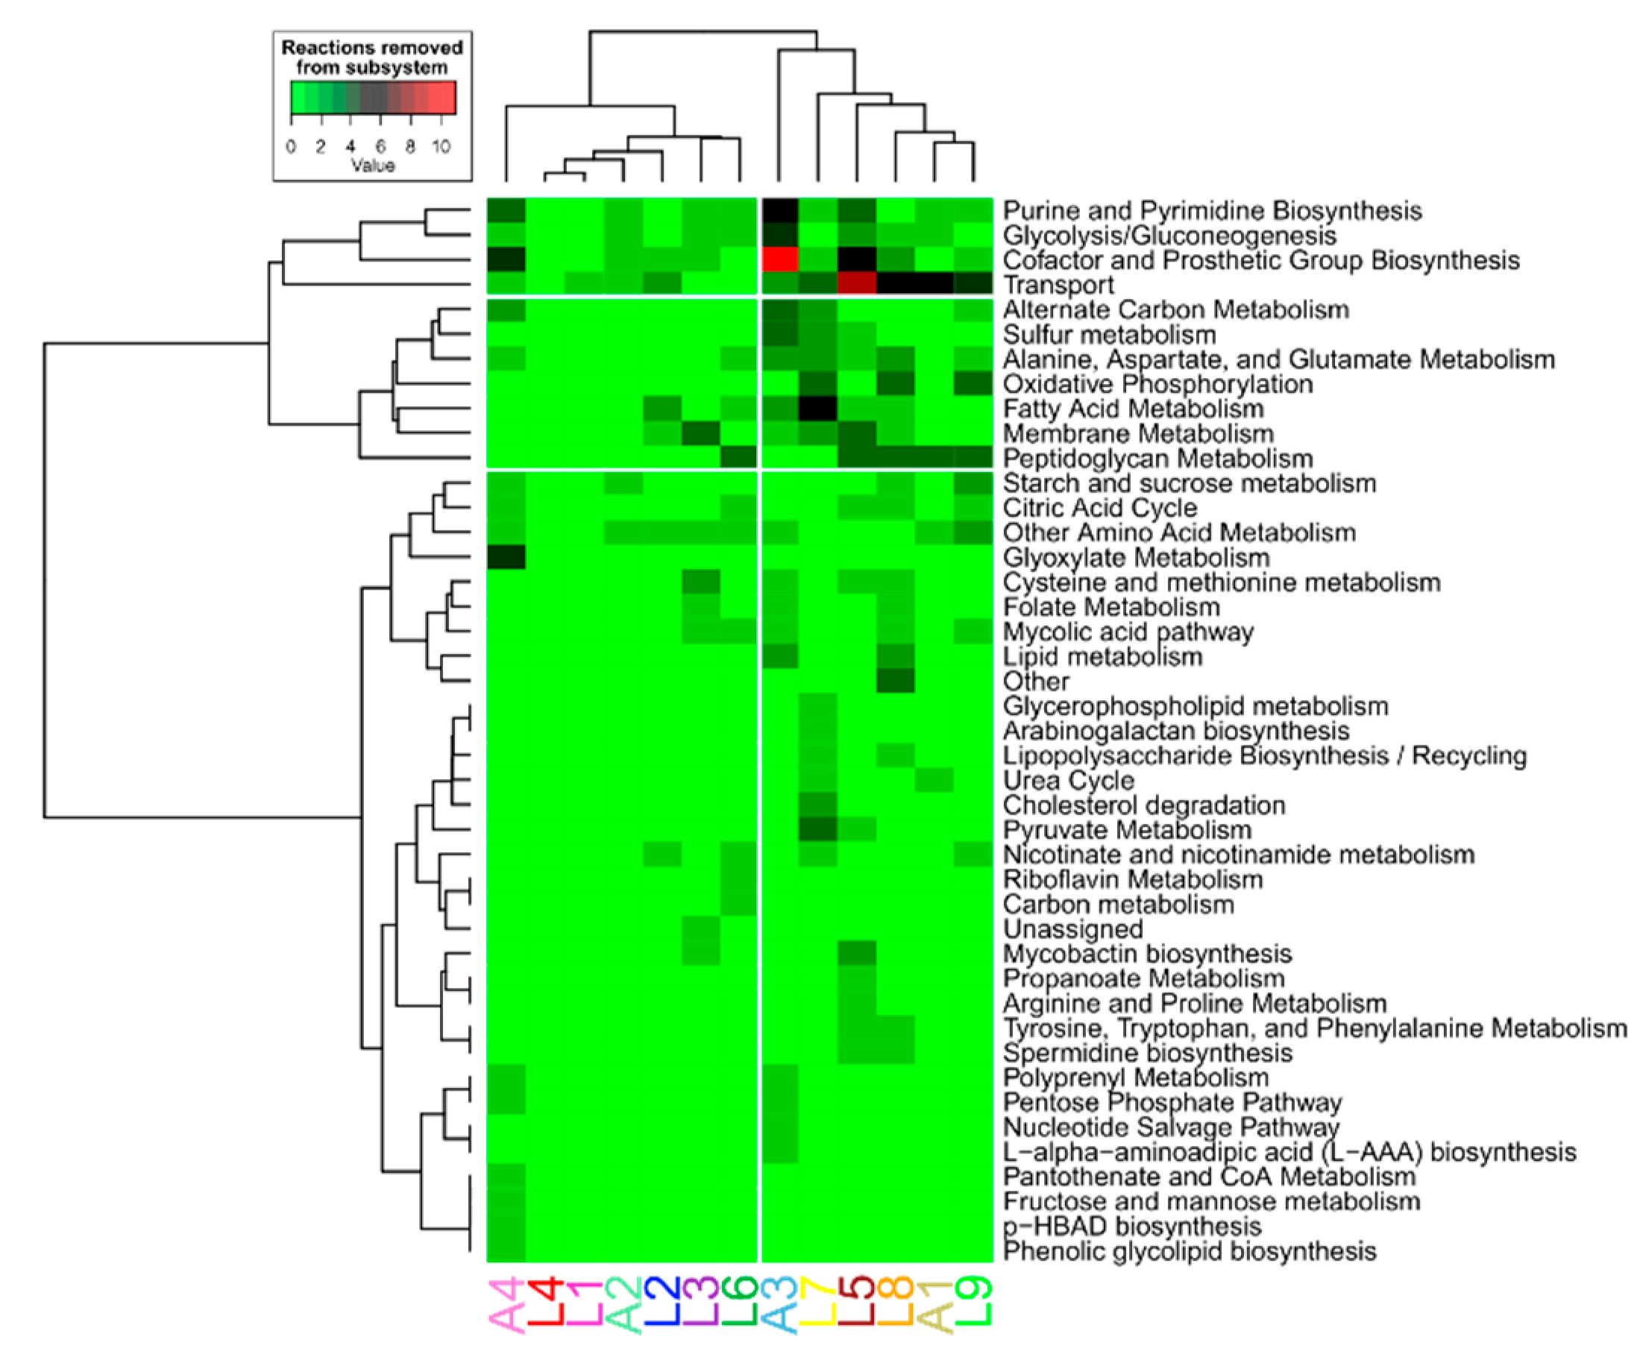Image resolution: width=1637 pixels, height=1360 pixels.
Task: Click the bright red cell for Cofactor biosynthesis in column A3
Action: coord(779,259)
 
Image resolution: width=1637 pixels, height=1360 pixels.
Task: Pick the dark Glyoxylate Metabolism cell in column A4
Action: coord(506,557)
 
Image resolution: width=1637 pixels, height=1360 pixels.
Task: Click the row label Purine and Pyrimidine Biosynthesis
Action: coord(1212,210)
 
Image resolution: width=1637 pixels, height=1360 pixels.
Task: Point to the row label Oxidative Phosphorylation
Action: coord(1157,383)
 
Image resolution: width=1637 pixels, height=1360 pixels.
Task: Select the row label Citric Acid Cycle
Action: coord(1099,509)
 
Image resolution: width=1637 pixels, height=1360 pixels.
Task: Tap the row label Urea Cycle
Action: coord(1068,780)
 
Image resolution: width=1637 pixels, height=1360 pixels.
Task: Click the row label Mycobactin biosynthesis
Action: coord(1147,954)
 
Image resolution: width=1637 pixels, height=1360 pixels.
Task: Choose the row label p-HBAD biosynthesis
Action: coord(1132,1226)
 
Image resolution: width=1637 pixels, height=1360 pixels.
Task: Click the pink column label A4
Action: coord(506,1305)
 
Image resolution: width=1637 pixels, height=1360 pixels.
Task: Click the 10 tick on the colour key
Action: coord(442,147)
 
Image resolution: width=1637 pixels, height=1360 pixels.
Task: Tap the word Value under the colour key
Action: coord(373,166)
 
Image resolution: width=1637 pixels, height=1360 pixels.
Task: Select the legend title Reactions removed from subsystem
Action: coord(372,57)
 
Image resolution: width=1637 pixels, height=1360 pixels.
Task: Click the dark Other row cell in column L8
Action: coord(896,681)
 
